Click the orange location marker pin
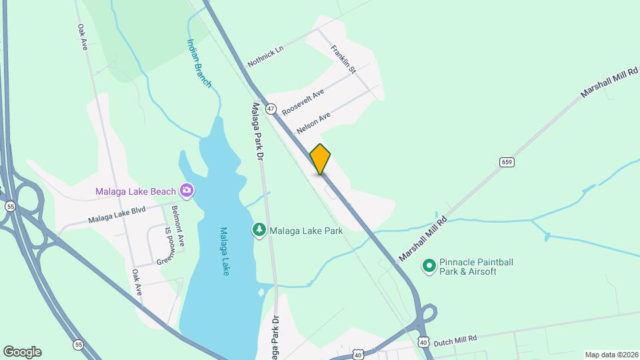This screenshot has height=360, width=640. pos(320,159)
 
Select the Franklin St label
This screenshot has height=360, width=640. pos(344,59)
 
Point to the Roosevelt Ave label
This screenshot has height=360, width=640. pos(303,101)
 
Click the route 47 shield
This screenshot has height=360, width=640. pos(271,108)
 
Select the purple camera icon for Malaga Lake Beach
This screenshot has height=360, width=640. pos(187,191)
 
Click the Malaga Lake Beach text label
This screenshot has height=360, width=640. pos(135,192)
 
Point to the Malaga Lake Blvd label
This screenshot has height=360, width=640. pos(117,215)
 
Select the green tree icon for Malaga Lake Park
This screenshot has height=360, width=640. pos(258,230)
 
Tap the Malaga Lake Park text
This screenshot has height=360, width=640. pos(306,231)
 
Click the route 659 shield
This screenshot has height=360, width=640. pos(507,162)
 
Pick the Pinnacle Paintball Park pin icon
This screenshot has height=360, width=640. pos(430,267)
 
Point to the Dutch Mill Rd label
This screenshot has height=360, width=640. pos(455,341)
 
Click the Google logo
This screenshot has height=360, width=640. pos(22,352)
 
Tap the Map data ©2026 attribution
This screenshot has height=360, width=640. pos(611,355)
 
